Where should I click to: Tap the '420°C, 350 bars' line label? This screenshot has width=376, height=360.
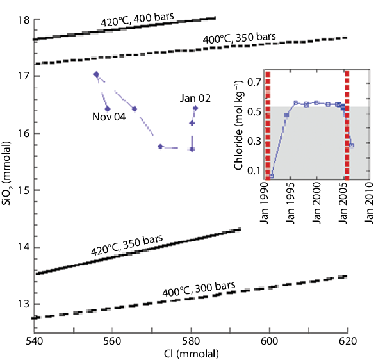pos(126,248)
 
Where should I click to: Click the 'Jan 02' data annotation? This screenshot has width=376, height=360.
pos(195,98)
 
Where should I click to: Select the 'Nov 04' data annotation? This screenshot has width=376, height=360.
pos(91,118)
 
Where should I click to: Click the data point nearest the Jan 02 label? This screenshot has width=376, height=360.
pos(195,108)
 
